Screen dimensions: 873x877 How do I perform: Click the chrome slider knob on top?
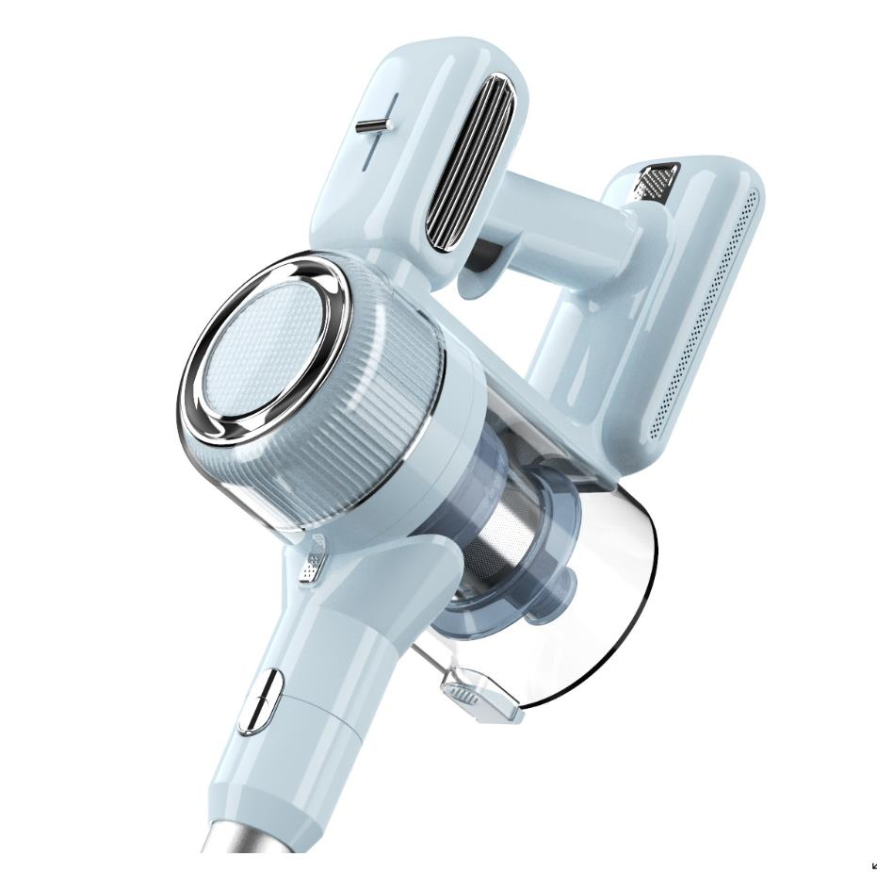(375, 124)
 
